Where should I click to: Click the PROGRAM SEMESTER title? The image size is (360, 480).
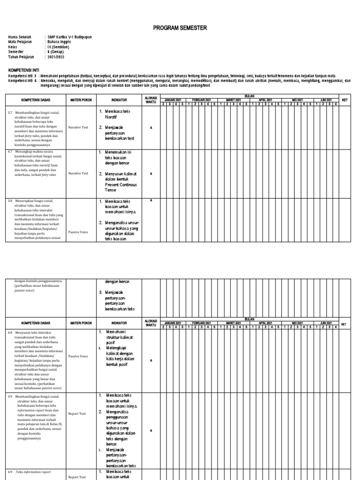(180, 28)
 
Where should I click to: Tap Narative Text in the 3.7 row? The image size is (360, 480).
(78, 127)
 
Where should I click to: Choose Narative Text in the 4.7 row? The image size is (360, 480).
(78, 173)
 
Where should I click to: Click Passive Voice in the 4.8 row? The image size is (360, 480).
(78, 356)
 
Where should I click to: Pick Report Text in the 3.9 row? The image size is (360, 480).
(77, 414)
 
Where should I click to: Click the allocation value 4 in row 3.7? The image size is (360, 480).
(151, 127)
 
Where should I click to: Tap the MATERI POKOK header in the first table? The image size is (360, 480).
(80, 100)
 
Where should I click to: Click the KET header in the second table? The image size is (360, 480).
(345, 324)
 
